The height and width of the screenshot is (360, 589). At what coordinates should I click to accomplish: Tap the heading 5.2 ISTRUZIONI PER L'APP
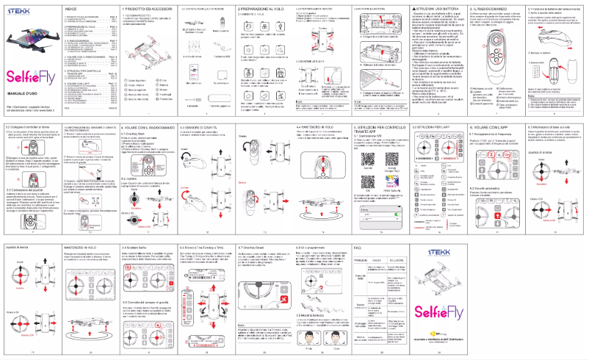(x=430, y=127)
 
